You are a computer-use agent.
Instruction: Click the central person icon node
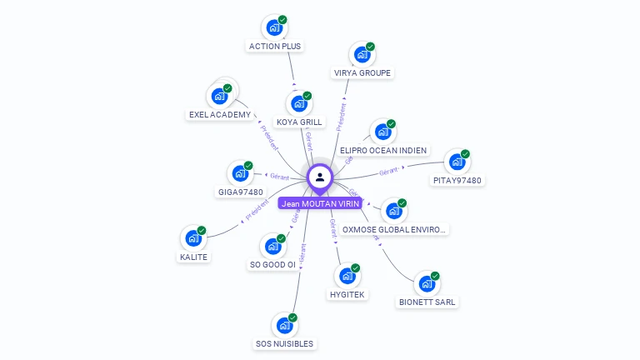click(x=320, y=177)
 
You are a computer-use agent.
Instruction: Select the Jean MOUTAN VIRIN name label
click(x=320, y=203)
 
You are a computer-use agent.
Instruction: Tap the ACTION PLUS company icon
click(x=274, y=27)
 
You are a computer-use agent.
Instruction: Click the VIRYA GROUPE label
click(x=362, y=72)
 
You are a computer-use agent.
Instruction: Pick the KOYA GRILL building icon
click(x=298, y=104)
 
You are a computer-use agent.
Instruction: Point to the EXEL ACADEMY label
click(x=220, y=114)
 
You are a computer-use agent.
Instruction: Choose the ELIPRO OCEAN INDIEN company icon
click(x=382, y=132)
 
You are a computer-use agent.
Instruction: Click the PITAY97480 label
click(x=457, y=180)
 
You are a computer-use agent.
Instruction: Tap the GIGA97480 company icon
click(x=240, y=173)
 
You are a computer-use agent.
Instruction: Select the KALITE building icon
click(x=193, y=238)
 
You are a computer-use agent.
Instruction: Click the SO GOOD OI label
click(x=272, y=264)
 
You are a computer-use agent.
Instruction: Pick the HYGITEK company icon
click(x=347, y=276)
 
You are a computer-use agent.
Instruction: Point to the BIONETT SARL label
click(x=427, y=302)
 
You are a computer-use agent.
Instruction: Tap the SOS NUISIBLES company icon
click(x=284, y=325)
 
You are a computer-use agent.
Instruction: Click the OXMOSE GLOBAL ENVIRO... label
click(x=395, y=229)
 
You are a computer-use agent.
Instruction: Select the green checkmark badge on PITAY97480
click(x=466, y=154)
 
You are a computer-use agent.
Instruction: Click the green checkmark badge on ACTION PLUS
click(x=282, y=19)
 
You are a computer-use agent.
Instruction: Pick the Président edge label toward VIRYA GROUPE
click(x=341, y=117)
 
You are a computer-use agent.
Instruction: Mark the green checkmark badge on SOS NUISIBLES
click(x=292, y=317)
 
